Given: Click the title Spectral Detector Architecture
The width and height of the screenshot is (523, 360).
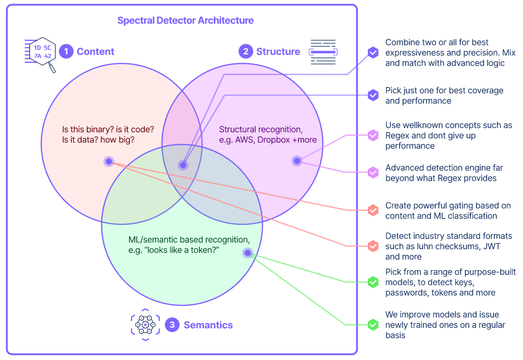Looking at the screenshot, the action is click(x=185, y=20).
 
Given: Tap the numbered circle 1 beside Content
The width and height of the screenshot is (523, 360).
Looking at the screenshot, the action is click(x=66, y=52).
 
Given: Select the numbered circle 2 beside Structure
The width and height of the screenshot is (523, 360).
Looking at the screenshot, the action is click(x=246, y=52).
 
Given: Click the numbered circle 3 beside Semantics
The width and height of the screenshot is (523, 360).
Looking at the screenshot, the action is click(x=172, y=325).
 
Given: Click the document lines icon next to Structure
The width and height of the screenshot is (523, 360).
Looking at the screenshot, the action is click(x=323, y=52).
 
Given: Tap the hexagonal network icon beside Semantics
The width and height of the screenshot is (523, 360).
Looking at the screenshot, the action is click(x=145, y=325).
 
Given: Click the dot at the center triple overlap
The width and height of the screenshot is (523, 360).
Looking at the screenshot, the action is click(x=183, y=165).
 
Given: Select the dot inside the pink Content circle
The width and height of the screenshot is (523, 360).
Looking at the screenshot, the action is click(x=109, y=162).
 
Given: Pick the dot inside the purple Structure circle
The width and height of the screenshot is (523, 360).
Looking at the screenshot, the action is click(x=297, y=161).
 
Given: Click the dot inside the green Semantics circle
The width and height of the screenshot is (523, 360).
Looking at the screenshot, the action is click(x=247, y=253).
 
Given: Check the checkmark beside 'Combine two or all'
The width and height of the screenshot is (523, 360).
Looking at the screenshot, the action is click(x=373, y=53).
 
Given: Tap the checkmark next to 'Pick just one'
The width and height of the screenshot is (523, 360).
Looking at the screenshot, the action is click(x=373, y=95).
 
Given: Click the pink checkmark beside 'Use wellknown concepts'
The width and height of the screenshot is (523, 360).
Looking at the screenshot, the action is click(x=373, y=135).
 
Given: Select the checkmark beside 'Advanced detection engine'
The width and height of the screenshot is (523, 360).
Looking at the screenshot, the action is click(x=373, y=172).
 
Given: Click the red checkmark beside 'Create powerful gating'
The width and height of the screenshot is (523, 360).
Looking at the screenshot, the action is click(x=373, y=210).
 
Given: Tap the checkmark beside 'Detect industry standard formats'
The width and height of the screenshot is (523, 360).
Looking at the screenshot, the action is click(x=373, y=246).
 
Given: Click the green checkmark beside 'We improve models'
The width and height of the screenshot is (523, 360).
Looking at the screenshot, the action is click(x=373, y=325).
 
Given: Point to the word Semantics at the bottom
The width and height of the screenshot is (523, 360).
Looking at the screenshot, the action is click(x=208, y=325).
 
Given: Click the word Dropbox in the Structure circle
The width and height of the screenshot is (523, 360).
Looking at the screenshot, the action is click(x=273, y=140).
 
